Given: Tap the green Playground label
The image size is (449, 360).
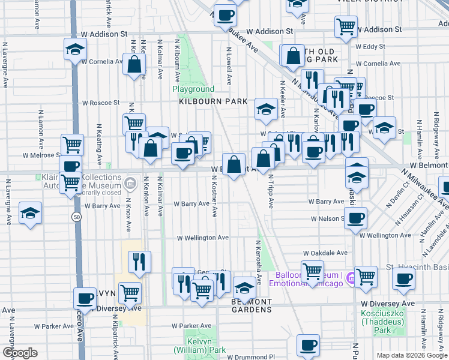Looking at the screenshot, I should pos(193,89).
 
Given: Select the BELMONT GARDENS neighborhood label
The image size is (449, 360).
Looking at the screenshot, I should pos(252,305).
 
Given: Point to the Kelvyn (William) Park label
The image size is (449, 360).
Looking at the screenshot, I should pos(200,346).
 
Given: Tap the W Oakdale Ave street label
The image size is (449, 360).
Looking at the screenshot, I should pos(325,253).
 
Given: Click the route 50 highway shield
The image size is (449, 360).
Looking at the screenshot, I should pos(76,216).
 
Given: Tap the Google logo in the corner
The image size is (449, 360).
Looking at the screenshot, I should pos(20,353).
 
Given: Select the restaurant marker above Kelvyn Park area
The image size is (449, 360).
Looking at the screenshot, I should pos(139,261).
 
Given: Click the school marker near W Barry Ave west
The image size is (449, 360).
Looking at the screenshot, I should pos(29,213).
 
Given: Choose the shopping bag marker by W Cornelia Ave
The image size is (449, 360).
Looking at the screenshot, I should pos(134,64).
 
